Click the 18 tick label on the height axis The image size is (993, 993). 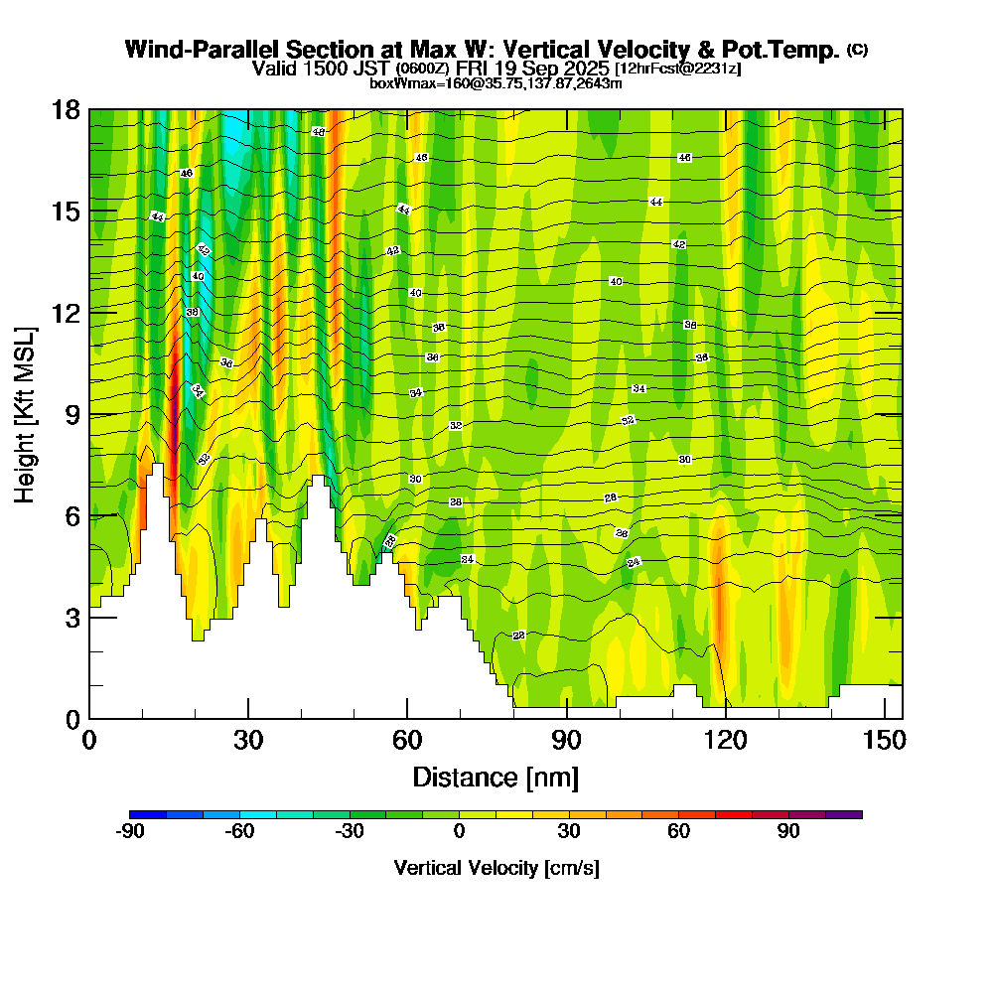(66, 109)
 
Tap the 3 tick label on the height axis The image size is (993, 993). (71, 618)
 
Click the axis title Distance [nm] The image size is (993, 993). (496, 777)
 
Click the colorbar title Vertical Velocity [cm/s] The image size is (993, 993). (496, 868)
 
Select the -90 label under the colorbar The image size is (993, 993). (131, 832)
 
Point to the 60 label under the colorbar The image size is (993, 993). (679, 832)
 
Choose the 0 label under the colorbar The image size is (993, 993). (460, 832)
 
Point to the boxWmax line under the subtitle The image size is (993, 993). (496, 83)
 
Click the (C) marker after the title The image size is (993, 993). (857, 50)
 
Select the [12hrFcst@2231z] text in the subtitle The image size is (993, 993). (677, 69)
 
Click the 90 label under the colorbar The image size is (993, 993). (788, 832)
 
